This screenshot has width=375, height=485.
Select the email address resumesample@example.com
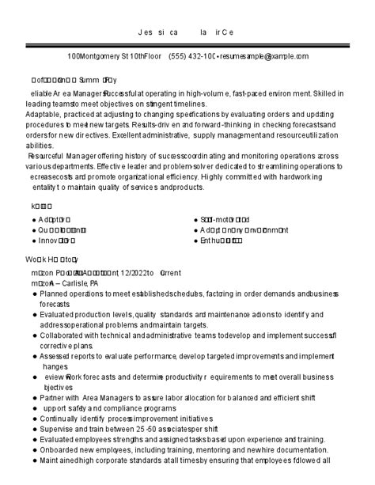(x=264, y=57)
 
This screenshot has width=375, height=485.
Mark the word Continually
(x=62, y=418)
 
